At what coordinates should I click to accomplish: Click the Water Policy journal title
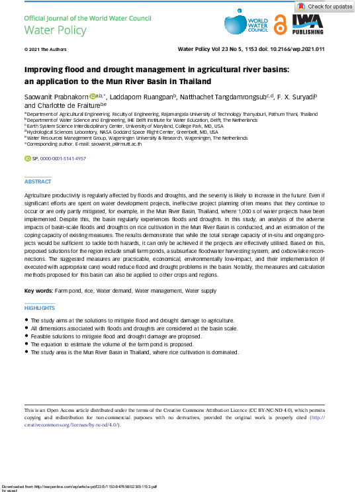coord(46,30)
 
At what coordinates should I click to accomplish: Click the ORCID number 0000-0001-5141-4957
coord(64,160)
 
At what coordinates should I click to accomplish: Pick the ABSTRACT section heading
coord(38,181)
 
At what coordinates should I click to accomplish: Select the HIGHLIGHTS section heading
coord(40,308)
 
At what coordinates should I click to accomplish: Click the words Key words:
coord(38,291)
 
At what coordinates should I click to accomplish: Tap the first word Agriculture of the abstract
coord(38,197)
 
